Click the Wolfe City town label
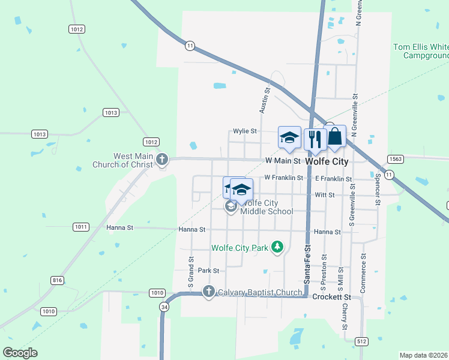tap(327, 161)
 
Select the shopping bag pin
tap(335, 136)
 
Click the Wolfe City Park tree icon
tap(277, 247)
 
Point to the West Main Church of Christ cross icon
tap(161, 160)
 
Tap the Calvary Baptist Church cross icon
tap(208, 292)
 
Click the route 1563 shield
tap(395, 159)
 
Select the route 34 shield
tap(164, 307)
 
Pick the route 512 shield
tap(361, 342)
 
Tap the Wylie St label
tap(245, 131)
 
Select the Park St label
tap(208, 271)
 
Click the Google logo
tap(20, 352)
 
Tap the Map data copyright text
tap(424, 355)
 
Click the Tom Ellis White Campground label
tap(421, 51)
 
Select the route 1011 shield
tap(81, 227)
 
